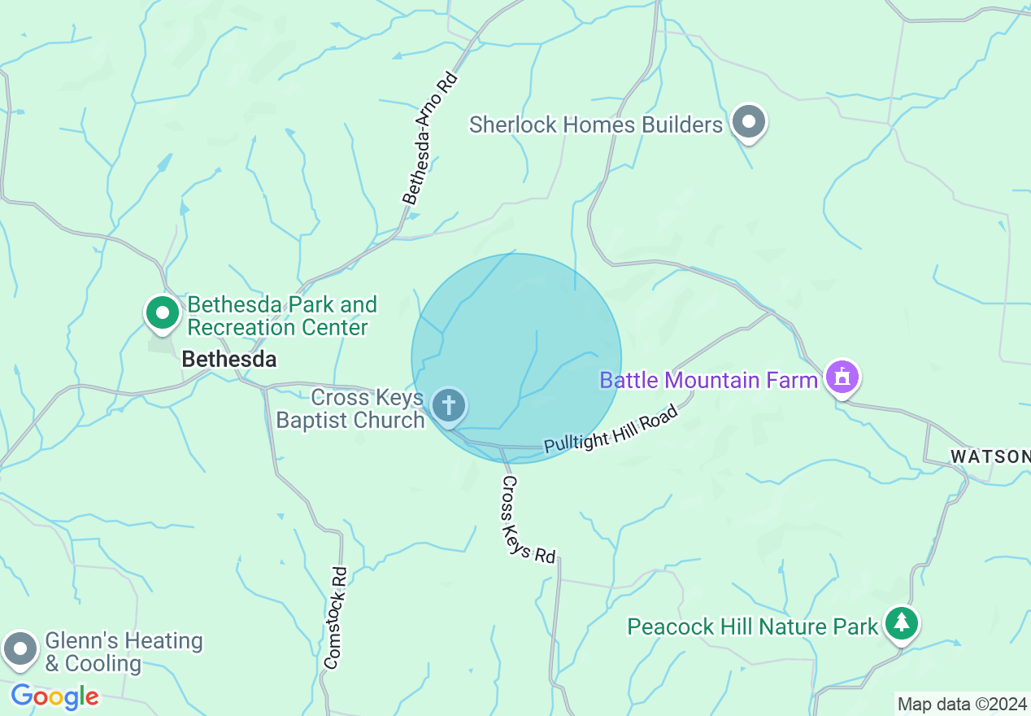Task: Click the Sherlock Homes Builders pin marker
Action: (x=748, y=123)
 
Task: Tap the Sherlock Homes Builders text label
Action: (x=596, y=124)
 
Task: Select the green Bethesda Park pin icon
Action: (x=163, y=312)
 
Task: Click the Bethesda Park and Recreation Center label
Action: (x=281, y=316)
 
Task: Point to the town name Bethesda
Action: (x=228, y=359)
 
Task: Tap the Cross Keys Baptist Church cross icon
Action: (x=448, y=404)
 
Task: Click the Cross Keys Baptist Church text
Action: (x=350, y=408)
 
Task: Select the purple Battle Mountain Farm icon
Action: (x=842, y=378)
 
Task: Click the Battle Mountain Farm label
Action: (x=708, y=380)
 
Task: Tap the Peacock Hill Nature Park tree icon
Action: (x=901, y=624)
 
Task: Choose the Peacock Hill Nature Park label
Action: (x=753, y=626)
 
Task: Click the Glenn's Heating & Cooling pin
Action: (x=20, y=649)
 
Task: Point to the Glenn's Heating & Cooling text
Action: (x=124, y=652)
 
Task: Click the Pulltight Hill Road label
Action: (x=611, y=430)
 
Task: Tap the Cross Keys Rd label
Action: (x=528, y=520)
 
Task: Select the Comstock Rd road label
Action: (x=335, y=618)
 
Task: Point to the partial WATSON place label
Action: (x=990, y=456)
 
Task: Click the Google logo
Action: (x=55, y=696)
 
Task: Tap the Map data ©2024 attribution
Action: (x=962, y=704)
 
